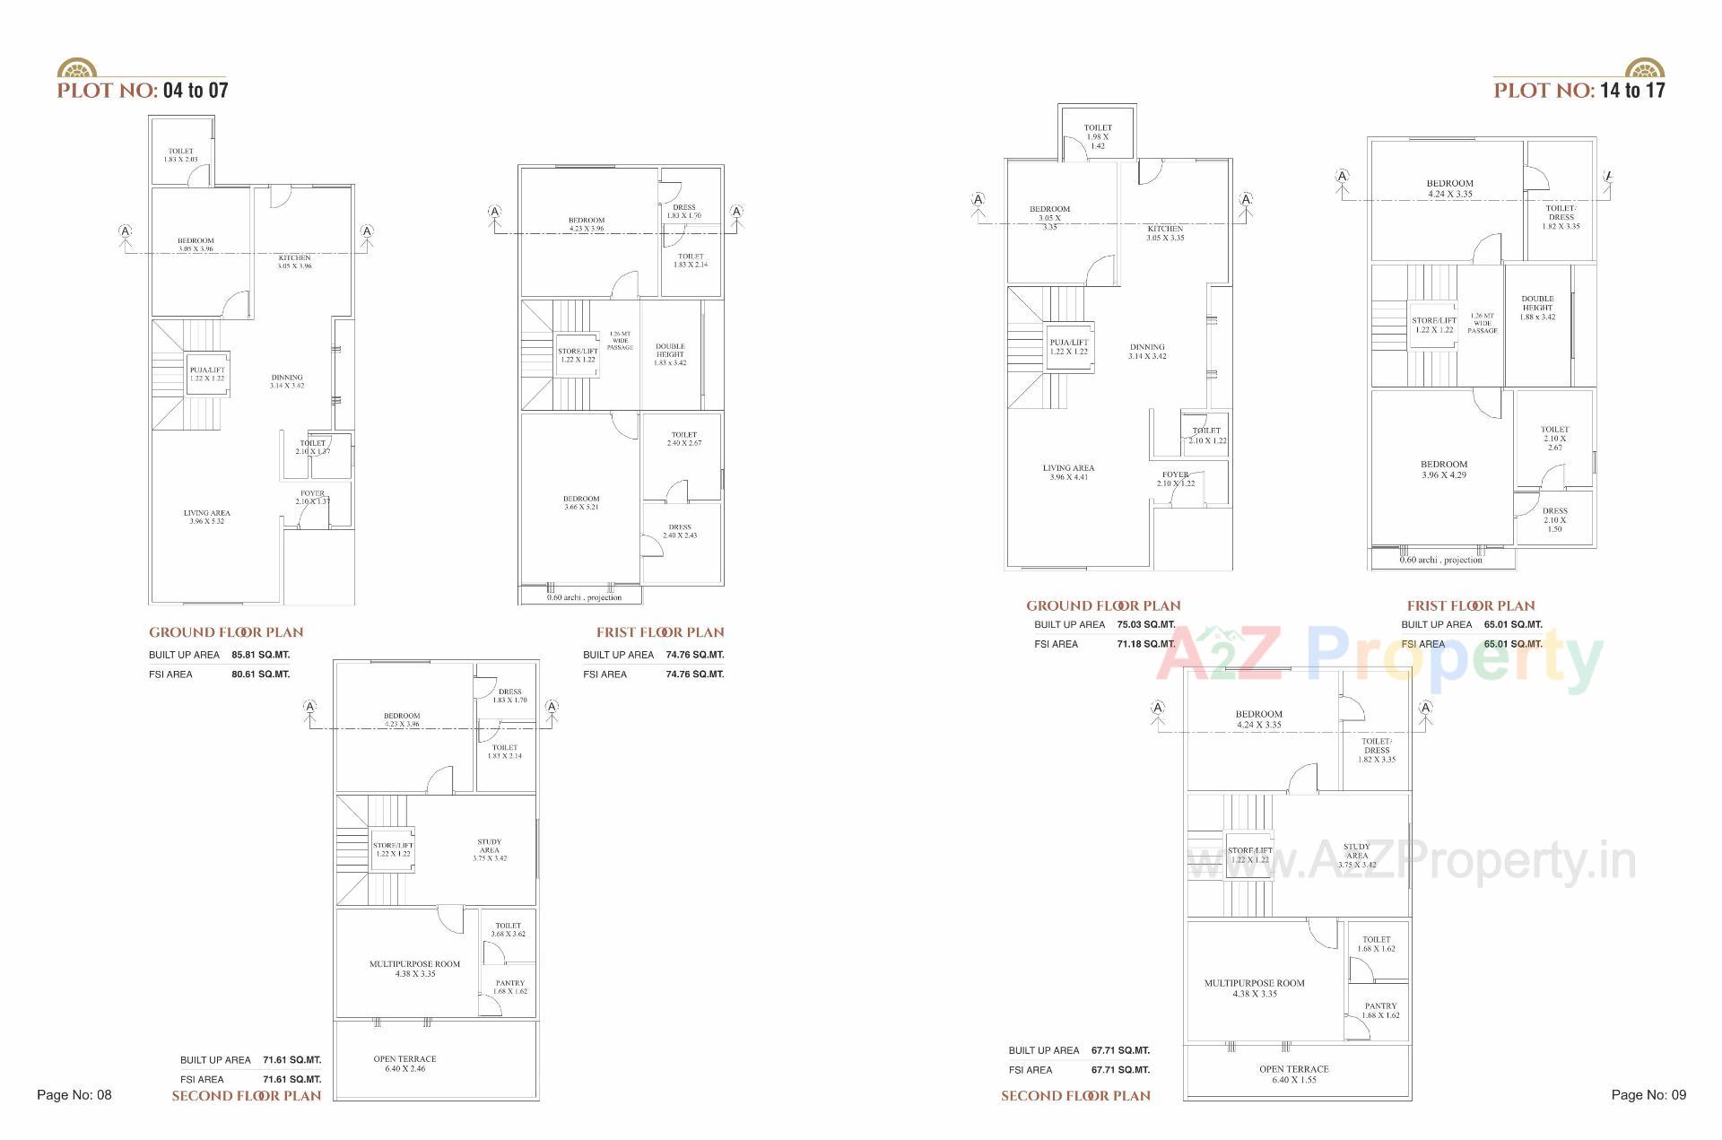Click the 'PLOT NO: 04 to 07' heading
click(x=143, y=90)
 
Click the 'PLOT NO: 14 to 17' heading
click(x=1578, y=90)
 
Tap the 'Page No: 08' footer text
click(x=74, y=1094)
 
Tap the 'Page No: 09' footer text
click(x=1648, y=1094)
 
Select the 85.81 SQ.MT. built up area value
click(x=260, y=655)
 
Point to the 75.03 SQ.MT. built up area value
click(x=1145, y=624)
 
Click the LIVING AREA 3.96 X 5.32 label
click(x=206, y=517)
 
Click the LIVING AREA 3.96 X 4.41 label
click(x=1068, y=472)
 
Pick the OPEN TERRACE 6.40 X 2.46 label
click(x=404, y=1064)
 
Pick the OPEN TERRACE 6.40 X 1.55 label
click(x=1293, y=1074)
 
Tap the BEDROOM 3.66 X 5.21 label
click(x=581, y=502)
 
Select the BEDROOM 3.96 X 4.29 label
click(x=1443, y=469)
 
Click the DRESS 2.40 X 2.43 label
click(x=680, y=531)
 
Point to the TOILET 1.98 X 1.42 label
click(x=1097, y=136)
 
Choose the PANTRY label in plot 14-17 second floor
click(x=1380, y=1010)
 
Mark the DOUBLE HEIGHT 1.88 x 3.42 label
click(x=1537, y=308)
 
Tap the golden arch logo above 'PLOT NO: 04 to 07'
click(x=76, y=69)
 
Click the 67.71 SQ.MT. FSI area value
click(x=1120, y=1069)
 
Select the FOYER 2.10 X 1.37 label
click(x=312, y=497)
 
